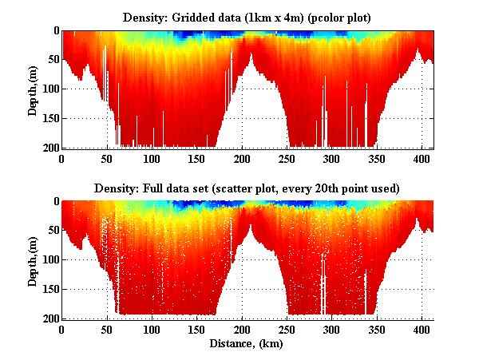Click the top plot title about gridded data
pos(247,17)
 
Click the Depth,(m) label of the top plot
pos(33,89)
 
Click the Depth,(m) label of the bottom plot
pos(33,260)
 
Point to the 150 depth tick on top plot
pos(47,118)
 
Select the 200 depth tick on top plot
pos(47,148)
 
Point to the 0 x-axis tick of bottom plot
pos(61,329)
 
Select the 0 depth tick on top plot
pos(53,31)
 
